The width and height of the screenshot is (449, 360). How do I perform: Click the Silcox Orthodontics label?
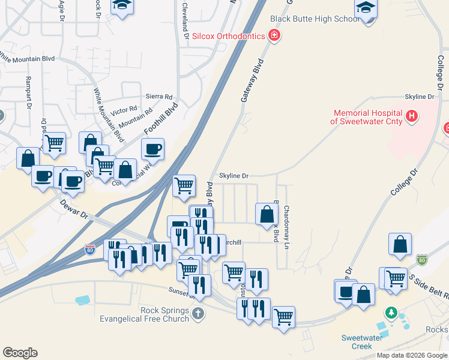point(228,36)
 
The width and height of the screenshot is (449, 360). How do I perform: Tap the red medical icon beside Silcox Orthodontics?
point(274,36)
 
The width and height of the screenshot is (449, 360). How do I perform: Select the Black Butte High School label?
point(315,19)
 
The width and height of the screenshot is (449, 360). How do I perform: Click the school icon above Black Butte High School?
point(364,8)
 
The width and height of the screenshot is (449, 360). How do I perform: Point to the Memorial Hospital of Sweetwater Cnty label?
point(367,116)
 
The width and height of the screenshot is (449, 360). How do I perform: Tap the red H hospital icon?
point(412,116)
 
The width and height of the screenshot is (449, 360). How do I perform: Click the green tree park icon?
point(391,313)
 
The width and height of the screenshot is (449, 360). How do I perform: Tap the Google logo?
point(20,353)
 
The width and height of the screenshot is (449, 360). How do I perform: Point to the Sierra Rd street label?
point(159,97)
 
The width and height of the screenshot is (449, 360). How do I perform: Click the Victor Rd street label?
point(124,111)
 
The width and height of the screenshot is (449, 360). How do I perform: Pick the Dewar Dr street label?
point(74,209)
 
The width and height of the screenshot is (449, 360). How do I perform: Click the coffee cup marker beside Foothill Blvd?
point(152,149)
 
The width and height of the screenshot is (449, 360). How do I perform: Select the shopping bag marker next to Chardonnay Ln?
point(267,214)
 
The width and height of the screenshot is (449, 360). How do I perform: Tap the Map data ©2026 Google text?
point(412,355)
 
